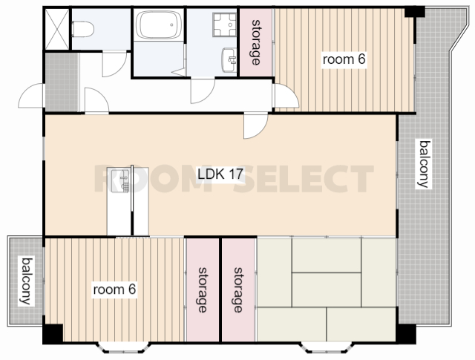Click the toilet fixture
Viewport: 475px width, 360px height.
pyautogui.click(x=82, y=29)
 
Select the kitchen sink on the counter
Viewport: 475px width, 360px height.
pyautogui.click(x=120, y=180)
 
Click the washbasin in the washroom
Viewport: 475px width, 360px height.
pyautogui.click(x=229, y=60)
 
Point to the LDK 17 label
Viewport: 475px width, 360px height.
pyautogui.click(x=220, y=174)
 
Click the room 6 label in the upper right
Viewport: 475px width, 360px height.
pyautogui.click(x=344, y=59)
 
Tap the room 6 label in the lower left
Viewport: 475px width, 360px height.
pyautogui.click(x=114, y=289)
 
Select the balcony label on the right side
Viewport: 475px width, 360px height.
pyautogui.click(x=423, y=163)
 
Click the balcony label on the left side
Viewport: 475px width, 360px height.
pyautogui.click(x=26, y=281)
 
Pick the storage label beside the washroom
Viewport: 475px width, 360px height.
pyautogui.click(x=256, y=42)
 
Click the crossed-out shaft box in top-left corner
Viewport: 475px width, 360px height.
pyautogui.click(x=57, y=29)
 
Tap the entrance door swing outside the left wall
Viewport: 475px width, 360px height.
pyautogui.click(x=31, y=96)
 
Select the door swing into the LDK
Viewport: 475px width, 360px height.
pyautogui.click(x=256, y=125)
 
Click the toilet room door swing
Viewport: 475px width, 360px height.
pyautogui.click(x=114, y=65)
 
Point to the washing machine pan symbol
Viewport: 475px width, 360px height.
pyautogui.click(x=224, y=24)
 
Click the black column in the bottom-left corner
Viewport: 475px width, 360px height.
pyautogui.click(x=53, y=333)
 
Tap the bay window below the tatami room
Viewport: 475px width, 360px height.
pyautogui.click(x=326, y=347)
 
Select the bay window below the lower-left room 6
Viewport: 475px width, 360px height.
pyautogui.click(x=123, y=347)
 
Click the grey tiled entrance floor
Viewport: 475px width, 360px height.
pyautogui.click(x=62, y=82)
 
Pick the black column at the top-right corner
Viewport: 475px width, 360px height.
pyautogui.click(x=415, y=12)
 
